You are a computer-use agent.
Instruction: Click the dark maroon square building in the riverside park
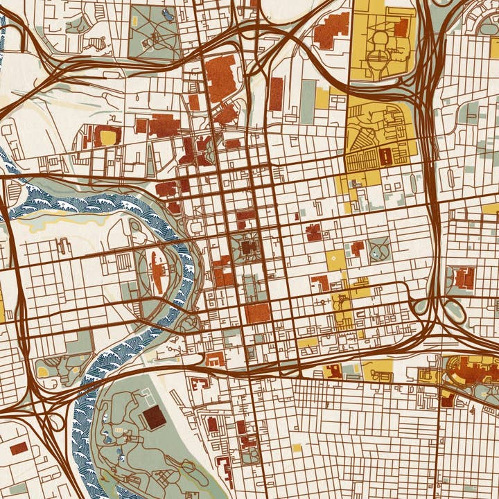(154, 418)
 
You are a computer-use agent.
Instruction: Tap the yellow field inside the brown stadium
(108, 137)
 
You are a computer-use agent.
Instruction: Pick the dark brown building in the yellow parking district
(385, 156)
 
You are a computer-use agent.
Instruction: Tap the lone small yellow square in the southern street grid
(297, 448)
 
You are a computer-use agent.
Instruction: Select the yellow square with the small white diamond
(335, 260)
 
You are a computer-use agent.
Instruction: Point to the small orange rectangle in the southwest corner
(19, 448)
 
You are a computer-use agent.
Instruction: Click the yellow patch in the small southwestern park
(42, 372)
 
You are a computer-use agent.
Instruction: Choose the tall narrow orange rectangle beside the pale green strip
(276, 94)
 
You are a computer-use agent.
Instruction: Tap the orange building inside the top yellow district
(401, 28)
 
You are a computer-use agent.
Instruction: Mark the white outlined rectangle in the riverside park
(148, 397)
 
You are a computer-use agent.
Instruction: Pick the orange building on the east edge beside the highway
(465, 278)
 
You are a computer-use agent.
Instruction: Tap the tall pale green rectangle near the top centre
(308, 102)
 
